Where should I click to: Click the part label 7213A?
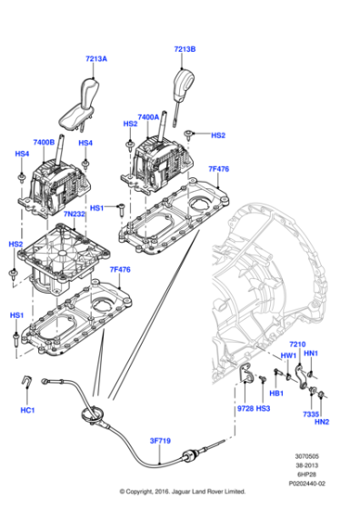click(x=96, y=59)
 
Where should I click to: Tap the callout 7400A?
click(x=148, y=117)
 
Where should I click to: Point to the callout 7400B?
click(x=45, y=143)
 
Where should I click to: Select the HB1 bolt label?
click(x=277, y=393)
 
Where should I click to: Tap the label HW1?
click(x=288, y=355)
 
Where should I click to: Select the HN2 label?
click(x=321, y=422)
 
